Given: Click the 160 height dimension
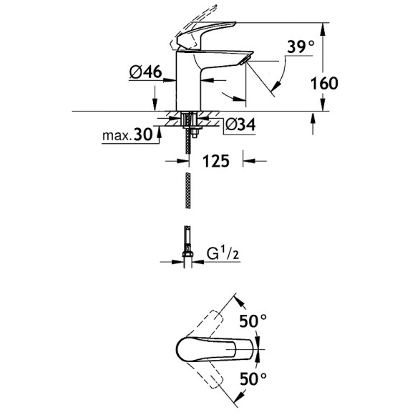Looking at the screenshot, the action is pos(324,83).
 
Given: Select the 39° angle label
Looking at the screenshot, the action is pos(301,47).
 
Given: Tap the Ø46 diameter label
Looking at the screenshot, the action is pos(145,72).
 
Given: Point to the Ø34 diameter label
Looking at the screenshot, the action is pos(240,125).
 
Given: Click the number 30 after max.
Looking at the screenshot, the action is pos(143,135).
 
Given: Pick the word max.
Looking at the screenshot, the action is pos(117,136).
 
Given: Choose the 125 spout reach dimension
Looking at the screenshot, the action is pos(215,161).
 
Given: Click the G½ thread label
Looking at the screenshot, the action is pos(223,253).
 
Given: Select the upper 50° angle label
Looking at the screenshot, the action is pos(253,321).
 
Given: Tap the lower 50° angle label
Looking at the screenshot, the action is pos(253,379).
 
